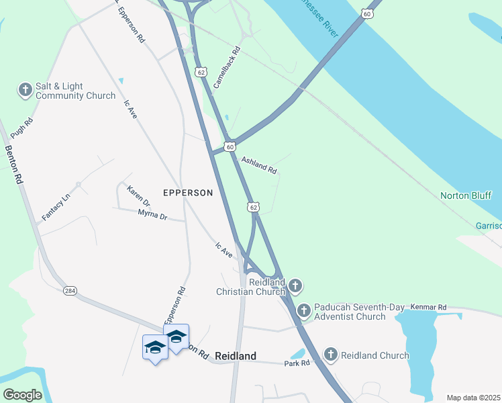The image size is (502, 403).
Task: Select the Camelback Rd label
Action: tap(227, 68)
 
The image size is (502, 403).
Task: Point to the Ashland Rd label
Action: tap(259, 165)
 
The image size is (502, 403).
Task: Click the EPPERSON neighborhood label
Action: tap(188, 193)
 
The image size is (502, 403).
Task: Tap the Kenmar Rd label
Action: tap(428, 307)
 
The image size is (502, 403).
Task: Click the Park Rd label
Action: tap(296, 363)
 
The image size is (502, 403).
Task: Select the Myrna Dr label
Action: tap(152, 215)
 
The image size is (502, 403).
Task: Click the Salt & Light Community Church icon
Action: tap(25, 90)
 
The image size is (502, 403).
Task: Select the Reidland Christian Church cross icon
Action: tap(295, 287)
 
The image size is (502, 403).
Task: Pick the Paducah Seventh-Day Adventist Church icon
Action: tap(304, 310)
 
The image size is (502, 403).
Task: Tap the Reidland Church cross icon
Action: tap(331, 355)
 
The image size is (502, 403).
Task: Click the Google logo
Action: tap(22, 394)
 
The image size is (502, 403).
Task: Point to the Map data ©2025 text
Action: tap(473, 398)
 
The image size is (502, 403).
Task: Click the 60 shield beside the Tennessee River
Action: tap(366, 13)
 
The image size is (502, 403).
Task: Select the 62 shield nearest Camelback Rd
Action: tap(201, 71)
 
